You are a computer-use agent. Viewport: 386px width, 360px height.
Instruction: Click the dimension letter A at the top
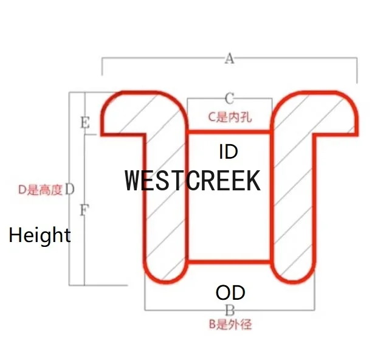point(229,58)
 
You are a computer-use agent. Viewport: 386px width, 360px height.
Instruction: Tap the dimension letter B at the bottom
point(230,310)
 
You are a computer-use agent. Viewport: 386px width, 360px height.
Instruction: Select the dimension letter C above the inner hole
point(229,98)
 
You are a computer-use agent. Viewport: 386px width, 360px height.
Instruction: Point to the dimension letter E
point(85,123)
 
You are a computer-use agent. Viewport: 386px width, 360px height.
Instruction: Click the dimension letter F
point(84,210)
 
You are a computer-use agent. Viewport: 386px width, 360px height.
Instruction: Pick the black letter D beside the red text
point(69,189)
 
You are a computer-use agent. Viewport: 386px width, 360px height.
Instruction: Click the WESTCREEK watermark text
point(193,181)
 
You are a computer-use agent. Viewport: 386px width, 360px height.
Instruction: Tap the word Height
point(40,235)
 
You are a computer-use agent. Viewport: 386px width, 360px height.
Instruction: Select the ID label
point(228,151)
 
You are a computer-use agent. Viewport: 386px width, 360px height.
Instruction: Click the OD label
point(230,293)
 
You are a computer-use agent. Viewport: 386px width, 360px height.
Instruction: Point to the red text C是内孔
point(229,117)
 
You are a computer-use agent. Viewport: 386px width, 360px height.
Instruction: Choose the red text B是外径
point(230,325)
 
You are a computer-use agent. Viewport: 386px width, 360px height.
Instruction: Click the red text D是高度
point(40,190)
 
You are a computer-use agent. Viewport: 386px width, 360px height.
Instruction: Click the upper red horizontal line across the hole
point(229,131)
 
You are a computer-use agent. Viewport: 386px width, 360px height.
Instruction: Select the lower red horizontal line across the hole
point(229,262)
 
